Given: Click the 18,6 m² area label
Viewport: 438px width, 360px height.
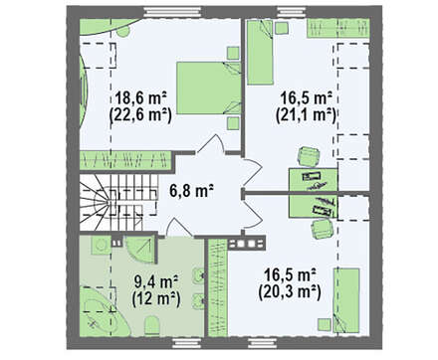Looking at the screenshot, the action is click(x=140, y=98).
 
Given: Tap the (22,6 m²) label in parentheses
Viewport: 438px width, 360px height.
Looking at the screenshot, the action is click(x=140, y=115).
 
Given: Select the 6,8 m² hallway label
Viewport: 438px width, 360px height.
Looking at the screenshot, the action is click(x=191, y=191).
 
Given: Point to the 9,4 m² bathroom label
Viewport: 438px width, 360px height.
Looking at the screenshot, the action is click(x=156, y=282).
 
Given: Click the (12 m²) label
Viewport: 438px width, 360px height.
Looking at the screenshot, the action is click(x=156, y=299).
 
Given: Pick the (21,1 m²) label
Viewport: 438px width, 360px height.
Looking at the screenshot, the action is click(x=307, y=115).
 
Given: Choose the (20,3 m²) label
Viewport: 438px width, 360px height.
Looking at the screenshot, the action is click(x=290, y=292).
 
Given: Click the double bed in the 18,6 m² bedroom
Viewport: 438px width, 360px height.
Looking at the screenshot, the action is click(x=209, y=89).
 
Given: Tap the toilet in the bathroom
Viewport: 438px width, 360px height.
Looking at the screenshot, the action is click(x=152, y=325).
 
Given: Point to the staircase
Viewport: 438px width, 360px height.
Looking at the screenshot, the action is click(x=118, y=202).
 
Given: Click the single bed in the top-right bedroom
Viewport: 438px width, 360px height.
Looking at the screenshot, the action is click(x=261, y=52).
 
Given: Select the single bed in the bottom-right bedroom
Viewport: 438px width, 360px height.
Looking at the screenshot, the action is click(x=346, y=300).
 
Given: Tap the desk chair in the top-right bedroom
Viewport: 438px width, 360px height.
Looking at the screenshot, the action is click(x=309, y=156).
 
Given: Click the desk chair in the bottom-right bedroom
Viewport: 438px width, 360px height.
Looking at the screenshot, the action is click(x=322, y=229).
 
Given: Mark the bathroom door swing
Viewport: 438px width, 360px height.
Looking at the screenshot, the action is click(x=179, y=228).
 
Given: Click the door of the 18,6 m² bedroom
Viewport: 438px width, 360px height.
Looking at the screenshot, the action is click(x=210, y=144).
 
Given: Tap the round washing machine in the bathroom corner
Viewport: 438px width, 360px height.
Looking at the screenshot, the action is click(x=100, y=246).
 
